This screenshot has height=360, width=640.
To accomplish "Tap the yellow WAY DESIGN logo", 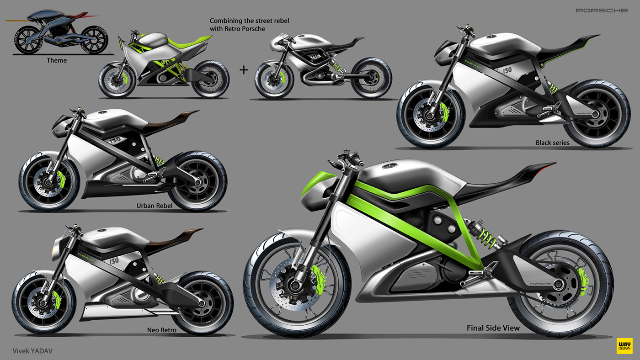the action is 624,345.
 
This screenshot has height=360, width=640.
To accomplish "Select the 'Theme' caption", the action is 57,60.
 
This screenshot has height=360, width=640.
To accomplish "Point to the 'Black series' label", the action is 552,143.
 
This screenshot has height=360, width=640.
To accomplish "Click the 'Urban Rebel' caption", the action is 155,206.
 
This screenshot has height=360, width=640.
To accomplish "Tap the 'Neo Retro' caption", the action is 162,329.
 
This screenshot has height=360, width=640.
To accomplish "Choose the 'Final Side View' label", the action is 493,328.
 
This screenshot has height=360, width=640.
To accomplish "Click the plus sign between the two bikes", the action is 244,69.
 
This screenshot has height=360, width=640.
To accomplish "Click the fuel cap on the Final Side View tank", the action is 393,166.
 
